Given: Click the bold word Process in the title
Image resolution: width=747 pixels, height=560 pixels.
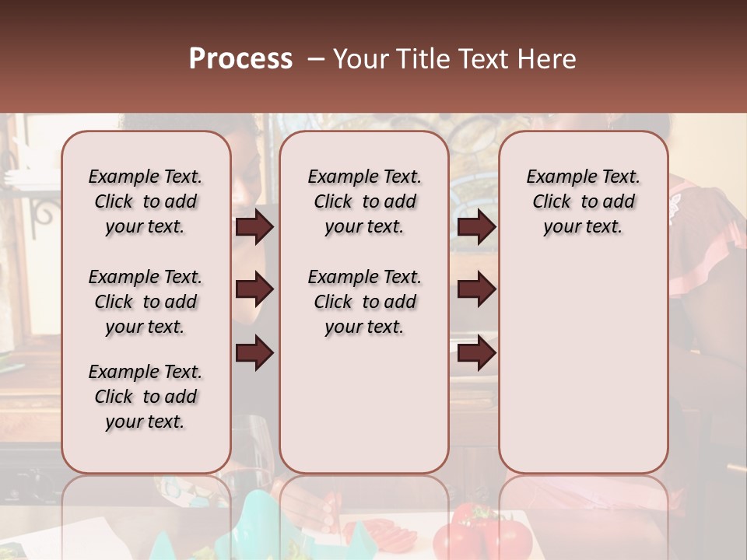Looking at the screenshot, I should pyautogui.click(x=240, y=59).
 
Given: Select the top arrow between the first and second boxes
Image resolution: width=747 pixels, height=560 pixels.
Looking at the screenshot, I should pyautogui.click(x=254, y=226).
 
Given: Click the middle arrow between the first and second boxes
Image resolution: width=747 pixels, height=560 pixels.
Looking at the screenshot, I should pyautogui.click(x=254, y=289).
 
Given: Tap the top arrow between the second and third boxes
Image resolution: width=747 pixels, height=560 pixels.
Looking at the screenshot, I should pyautogui.click(x=476, y=226).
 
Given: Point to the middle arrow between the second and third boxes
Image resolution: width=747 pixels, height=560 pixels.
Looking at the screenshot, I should pyautogui.click(x=476, y=289).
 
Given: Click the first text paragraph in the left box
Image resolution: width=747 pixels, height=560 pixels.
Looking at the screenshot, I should pyautogui.click(x=146, y=201).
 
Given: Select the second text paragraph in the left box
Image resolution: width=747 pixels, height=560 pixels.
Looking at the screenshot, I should pyautogui.click(x=146, y=302).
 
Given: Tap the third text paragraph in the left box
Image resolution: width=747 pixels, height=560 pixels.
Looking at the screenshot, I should pyautogui.click(x=146, y=397).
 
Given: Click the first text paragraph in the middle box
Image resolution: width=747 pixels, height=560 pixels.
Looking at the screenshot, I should pyautogui.click(x=365, y=201).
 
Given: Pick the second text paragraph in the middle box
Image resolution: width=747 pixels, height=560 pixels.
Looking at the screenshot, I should pyautogui.click(x=365, y=302).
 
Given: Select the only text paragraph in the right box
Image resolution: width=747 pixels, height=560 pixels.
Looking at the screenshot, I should pyautogui.click(x=584, y=201).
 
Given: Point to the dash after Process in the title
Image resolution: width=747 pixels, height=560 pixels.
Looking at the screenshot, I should pyautogui.click(x=314, y=60).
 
